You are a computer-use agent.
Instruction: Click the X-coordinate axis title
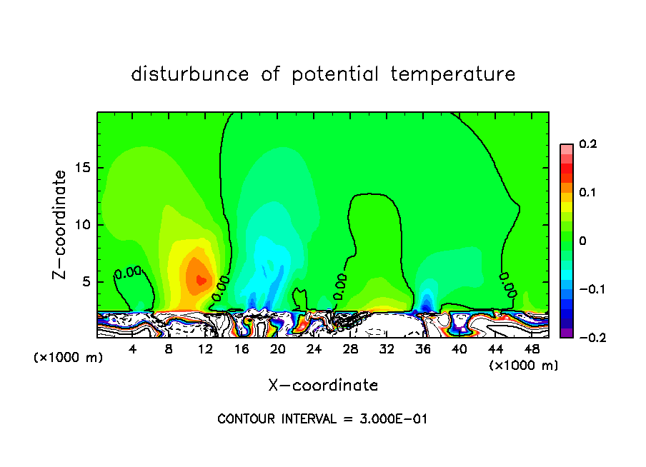323,386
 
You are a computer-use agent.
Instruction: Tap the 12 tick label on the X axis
205,349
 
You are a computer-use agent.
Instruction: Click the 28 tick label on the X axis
350,349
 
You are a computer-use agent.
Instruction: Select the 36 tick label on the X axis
423,349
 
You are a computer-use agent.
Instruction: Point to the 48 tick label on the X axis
532,349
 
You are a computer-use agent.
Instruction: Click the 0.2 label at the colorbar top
587,144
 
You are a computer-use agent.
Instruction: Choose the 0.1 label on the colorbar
587,193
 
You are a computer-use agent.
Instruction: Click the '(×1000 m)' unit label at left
69,358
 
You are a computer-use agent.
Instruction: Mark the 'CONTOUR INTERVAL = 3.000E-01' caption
322,419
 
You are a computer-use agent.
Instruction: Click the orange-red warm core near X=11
200,280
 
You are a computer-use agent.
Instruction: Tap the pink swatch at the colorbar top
567,149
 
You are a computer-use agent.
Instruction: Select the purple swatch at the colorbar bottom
567,332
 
